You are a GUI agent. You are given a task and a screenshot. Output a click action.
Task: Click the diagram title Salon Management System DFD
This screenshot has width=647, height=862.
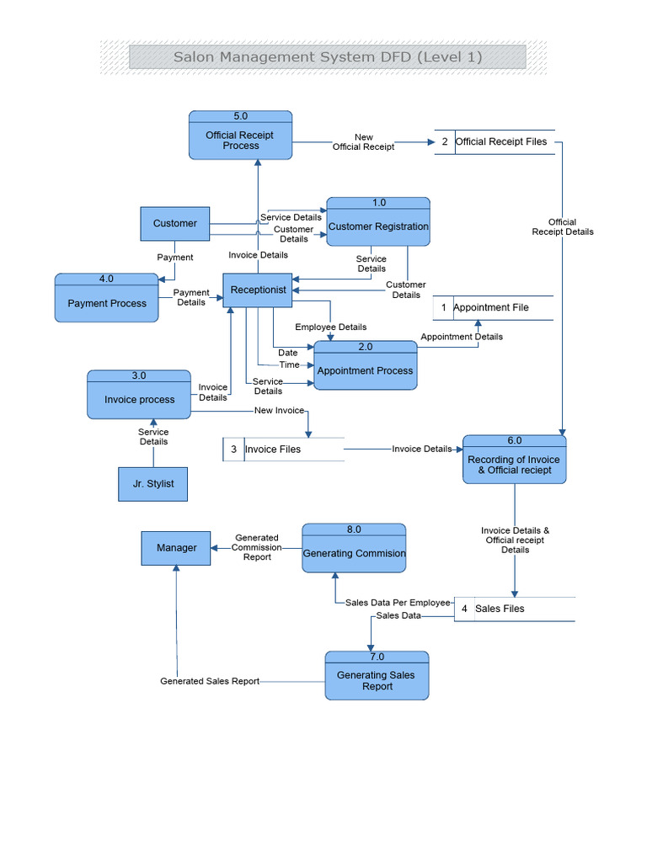pos(327,57)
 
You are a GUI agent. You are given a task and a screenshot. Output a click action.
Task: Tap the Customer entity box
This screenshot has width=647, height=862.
pos(174,223)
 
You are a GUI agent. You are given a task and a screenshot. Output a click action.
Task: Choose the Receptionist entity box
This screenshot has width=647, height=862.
pos(258,290)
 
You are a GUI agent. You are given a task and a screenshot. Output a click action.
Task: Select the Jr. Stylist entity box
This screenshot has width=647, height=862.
pos(152,484)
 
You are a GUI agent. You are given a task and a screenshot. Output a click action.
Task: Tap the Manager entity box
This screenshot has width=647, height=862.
pos(176,548)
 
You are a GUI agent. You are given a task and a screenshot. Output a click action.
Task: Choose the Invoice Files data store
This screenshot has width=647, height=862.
pos(283,450)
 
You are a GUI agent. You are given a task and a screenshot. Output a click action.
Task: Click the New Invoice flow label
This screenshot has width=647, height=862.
pos(278,410)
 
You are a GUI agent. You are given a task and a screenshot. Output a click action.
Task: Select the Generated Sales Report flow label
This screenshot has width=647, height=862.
pos(210,681)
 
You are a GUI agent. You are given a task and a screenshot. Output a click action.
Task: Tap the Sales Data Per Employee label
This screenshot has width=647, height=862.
pos(398,603)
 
